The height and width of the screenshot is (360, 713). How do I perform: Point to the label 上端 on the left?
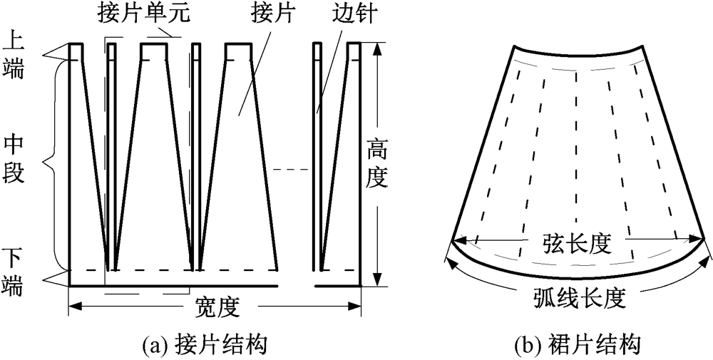coord(14,52)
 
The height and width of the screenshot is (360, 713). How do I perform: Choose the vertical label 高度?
coord(377,164)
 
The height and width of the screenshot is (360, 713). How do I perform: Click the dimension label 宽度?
coord(217,309)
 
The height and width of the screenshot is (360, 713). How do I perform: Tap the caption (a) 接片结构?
coord(205,346)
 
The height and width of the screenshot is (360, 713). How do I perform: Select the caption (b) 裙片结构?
coord(577,346)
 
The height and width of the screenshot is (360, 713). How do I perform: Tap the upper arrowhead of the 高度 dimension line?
coord(378,47)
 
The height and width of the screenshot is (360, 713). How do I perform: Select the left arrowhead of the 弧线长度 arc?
coord(450,251)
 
